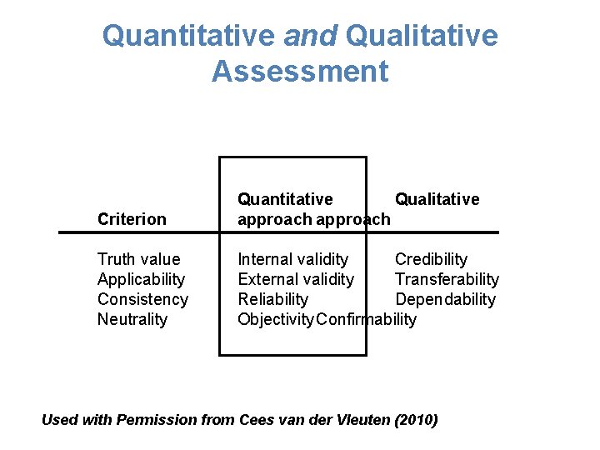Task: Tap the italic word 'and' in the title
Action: coord(311,36)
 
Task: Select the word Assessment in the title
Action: coord(300,72)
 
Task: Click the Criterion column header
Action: coord(132,219)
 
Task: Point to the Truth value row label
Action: coord(138,259)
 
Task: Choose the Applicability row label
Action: coord(141,279)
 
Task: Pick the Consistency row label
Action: coord(142,299)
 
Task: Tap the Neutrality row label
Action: coord(132,319)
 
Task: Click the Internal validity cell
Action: coord(293,259)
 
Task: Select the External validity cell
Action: coord(296,279)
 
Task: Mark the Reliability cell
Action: coord(273,299)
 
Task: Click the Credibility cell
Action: coord(431,259)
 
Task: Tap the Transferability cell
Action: coord(447,279)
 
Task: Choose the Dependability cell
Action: coord(445,299)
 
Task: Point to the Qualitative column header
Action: coord(437,199)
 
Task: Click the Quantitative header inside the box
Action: coord(285,199)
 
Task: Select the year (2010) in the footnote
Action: coord(415,420)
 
